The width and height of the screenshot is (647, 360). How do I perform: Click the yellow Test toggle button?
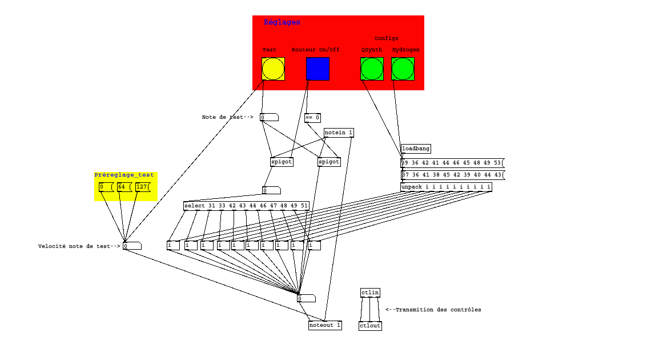273,69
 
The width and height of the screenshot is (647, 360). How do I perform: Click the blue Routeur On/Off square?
318,69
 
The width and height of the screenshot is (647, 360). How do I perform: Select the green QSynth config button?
372,69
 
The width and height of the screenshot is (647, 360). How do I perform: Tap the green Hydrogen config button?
403,69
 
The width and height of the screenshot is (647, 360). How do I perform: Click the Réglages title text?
282,22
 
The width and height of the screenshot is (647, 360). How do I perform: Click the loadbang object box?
416,149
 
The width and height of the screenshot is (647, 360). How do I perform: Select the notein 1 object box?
339,133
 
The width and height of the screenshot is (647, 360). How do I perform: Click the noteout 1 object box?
325,325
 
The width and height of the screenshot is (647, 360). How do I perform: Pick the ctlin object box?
370,293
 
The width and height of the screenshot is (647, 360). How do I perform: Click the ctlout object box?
370,326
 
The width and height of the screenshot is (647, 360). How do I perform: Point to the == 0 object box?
312,118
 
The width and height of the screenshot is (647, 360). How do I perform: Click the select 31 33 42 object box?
246,206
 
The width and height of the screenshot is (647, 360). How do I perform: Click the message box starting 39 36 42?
452,163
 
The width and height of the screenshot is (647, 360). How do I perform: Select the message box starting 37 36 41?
452,175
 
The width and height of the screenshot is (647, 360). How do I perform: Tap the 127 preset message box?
142,187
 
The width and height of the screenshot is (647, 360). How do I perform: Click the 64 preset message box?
123,187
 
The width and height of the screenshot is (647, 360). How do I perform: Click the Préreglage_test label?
124,175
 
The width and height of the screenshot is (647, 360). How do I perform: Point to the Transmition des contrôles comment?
433,310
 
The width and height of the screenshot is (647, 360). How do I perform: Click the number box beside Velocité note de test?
132,246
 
